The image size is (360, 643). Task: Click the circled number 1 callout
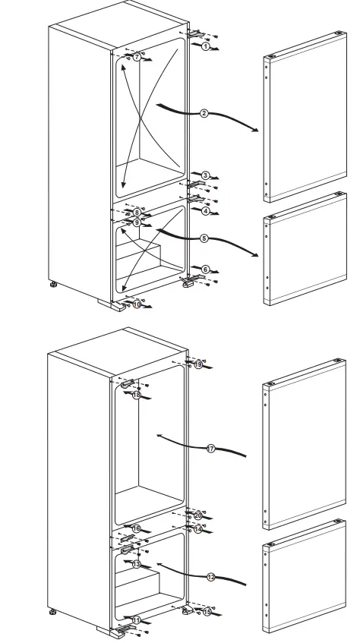pos(205,46)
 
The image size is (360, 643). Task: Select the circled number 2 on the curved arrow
pos(204,114)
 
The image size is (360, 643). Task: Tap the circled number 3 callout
pos(205,175)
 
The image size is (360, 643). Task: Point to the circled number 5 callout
pos(204,238)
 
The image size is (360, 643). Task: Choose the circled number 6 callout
pos(205,269)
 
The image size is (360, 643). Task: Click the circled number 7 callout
pos(137,58)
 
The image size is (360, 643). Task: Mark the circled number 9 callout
pos(137,223)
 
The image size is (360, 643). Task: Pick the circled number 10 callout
pos(137,304)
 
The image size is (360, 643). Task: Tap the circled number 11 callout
pos(137,620)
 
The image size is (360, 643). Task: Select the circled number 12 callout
pos(211,577)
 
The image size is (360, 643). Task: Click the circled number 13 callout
pos(137,564)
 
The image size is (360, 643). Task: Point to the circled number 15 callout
pos(207,610)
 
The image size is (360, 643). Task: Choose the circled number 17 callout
pos(211,449)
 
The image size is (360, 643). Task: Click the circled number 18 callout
pos(137,396)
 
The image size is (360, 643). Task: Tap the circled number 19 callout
pos(198,365)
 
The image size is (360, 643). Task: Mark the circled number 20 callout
pos(198,515)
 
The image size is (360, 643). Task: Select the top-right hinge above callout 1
pos(196,33)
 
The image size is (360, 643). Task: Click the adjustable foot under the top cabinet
pos(53,285)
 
